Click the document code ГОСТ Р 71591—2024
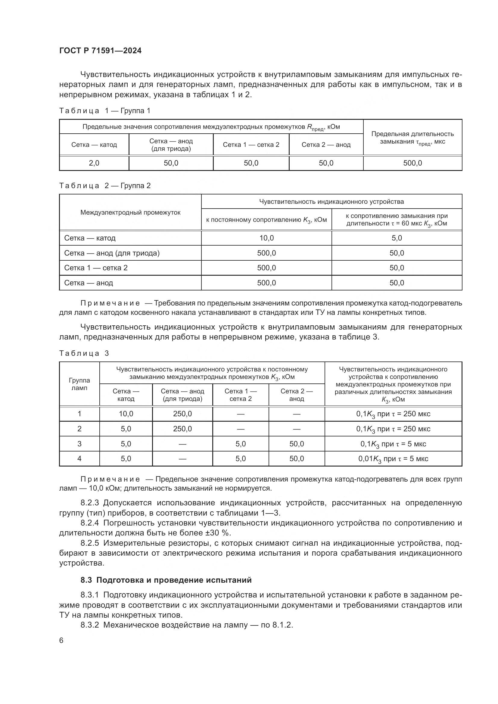coord(100,51)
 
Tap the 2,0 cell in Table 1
coord(94,163)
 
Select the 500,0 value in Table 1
coord(412,163)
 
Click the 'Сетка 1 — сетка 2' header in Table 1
coord(251,145)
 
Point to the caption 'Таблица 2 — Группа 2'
coord(105,186)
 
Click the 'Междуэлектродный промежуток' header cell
coord(130,212)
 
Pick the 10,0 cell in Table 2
coord(266,238)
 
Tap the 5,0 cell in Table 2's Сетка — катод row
coord(397,238)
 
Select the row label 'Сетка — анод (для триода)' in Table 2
coord(112,253)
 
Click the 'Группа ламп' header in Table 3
coord(79,384)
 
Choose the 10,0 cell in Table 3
coord(126,414)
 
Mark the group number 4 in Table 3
coord(79,459)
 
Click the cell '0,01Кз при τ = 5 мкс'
coord(393,459)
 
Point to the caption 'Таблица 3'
coord(84,353)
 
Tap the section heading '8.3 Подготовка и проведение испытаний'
coord(166,580)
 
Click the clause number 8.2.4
coord(89,523)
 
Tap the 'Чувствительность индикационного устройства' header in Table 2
coord(331,201)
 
